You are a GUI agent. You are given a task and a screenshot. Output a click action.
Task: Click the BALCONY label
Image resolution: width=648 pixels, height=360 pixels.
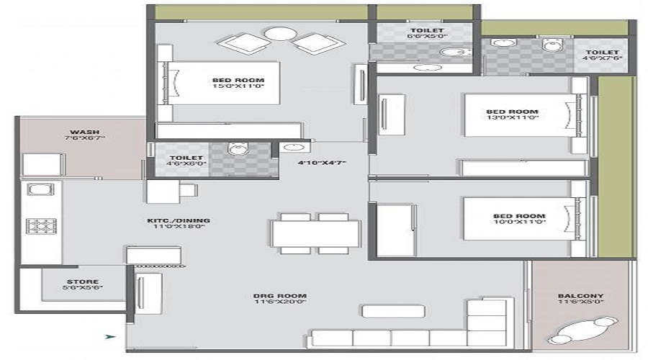(581, 296)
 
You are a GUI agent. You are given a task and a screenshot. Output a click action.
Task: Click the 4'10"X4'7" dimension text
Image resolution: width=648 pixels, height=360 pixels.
(322, 163)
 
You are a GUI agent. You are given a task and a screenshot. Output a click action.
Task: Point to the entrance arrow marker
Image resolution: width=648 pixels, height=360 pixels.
(110, 336)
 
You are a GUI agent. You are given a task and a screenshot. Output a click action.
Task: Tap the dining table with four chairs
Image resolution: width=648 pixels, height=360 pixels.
(315, 233)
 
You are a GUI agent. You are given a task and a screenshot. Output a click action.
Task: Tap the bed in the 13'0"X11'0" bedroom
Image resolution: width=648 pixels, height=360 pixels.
(523, 114)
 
